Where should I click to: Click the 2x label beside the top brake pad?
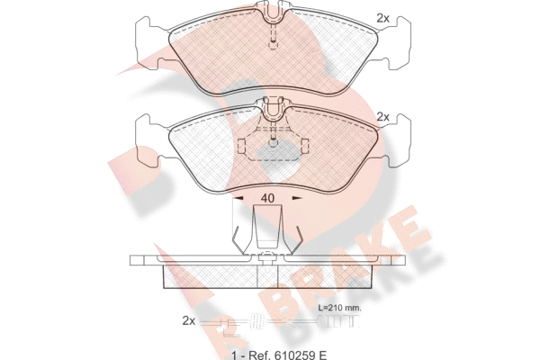pyautogui.click(x=382, y=18)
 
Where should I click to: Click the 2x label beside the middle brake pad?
pyautogui.click(x=382, y=117)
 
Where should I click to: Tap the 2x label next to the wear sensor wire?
pyautogui.click(x=188, y=321)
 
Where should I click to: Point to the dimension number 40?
pyautogui.click(x=267, y=198)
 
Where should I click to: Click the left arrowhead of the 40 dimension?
pyautogui.click(x=238, y=198)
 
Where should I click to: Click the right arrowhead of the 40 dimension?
pyautogui.click(x=297, y=198)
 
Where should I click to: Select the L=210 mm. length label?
pyautogui.click(x=339, y=308)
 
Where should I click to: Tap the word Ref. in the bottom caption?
pyautogui.click(x=256, y=355)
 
